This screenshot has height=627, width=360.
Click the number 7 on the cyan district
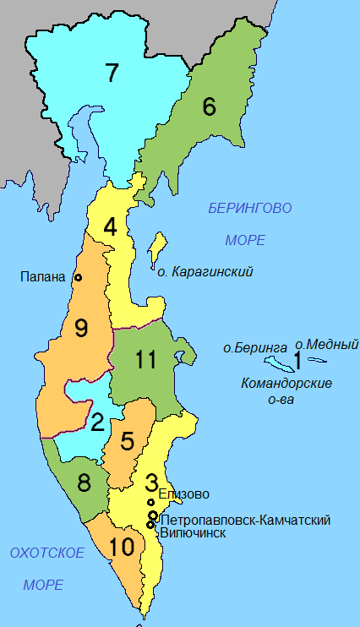coord(112,74)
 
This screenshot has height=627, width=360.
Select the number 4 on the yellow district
coord(111,227)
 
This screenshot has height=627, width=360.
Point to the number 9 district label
coord(81,328)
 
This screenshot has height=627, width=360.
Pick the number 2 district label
coord(97,421)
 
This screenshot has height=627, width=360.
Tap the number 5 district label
coord(128,440)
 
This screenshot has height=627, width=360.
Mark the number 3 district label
coord(151,483)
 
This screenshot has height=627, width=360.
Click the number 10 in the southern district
coord(121,547)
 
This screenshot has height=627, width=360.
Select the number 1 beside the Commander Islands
coord(297,361)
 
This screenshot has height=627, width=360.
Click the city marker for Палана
coord(78,277)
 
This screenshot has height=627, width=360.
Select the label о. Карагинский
coord(205,272)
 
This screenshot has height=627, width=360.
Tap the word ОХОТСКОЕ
coord(46,553)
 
